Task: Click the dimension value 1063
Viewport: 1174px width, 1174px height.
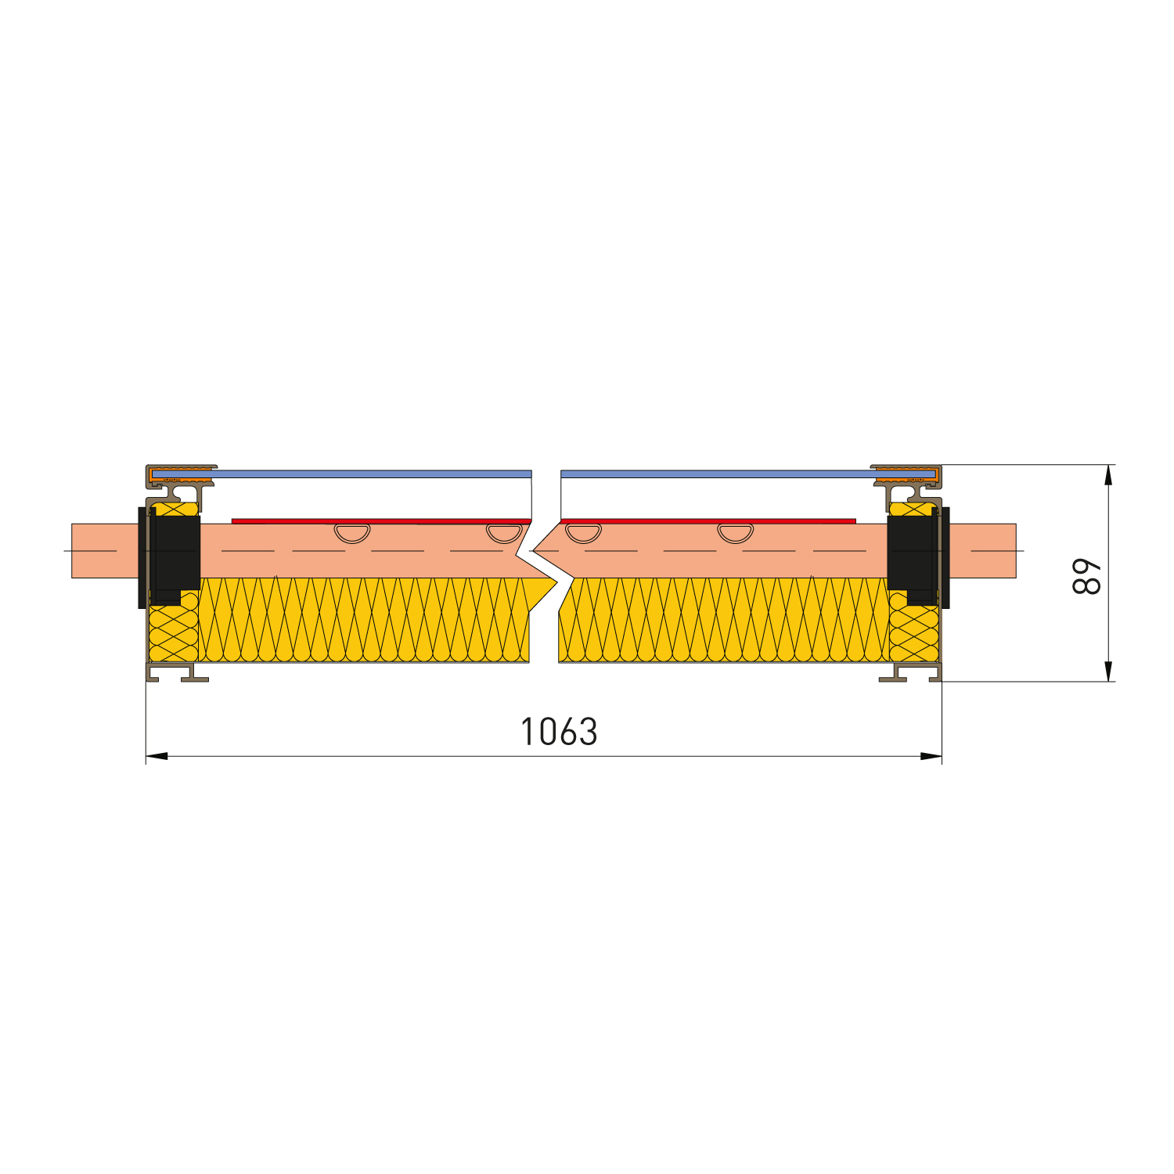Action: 559,732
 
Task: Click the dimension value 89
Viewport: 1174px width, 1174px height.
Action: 1087,577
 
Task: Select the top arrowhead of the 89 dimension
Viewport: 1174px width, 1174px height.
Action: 1107,475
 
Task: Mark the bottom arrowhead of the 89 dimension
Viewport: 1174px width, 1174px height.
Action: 1107,671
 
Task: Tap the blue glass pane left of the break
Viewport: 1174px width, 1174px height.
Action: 368,474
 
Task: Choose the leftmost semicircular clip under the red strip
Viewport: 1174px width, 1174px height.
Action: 352,532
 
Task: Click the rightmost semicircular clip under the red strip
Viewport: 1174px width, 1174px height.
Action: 735,532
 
